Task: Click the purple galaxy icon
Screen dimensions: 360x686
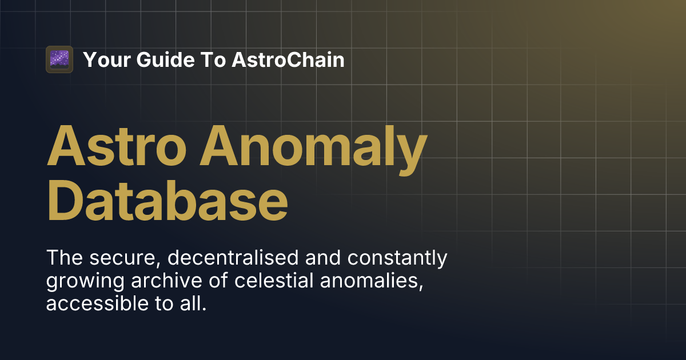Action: pos(59,59)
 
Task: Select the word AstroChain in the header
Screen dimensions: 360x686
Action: pos(288,59)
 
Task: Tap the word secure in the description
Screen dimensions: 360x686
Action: pos(125,258)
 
